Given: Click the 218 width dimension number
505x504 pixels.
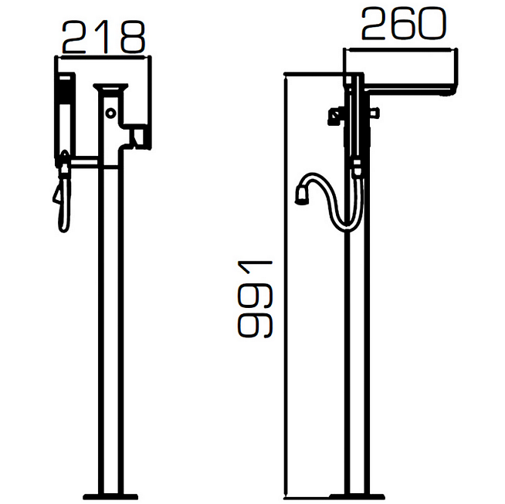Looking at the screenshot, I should point(103,36).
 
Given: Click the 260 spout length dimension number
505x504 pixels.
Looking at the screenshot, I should point(402,26).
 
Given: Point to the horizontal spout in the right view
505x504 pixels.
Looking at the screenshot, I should point(409,82).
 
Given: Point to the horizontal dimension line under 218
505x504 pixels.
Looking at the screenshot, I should point(103,56).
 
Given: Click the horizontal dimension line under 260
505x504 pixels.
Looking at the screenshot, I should point(402,48).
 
